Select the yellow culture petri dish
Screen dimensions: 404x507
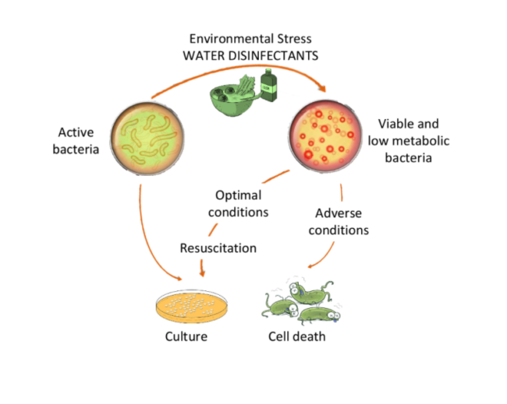(x=189, y=306)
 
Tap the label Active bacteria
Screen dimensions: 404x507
(x=76, y=139)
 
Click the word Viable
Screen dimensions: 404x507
(x=395, y=124)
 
